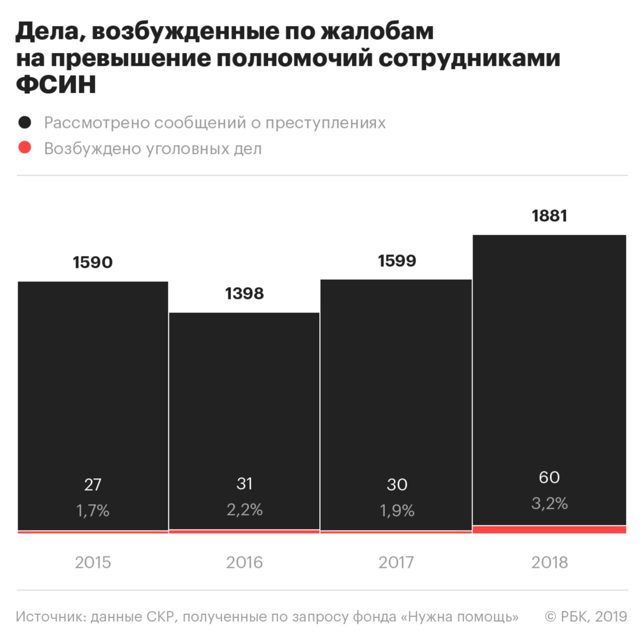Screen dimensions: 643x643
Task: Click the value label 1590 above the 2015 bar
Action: pos(93,262)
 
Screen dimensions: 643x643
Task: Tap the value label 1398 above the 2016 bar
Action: pos(244,294)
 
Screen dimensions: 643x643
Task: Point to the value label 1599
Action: pos(397,261)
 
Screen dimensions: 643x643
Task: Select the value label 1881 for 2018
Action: pos(549,216)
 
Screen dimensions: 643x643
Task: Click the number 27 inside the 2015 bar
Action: pos(93,484)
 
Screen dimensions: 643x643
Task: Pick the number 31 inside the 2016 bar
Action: pos(244,483)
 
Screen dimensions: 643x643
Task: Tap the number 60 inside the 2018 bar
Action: pos(549,477)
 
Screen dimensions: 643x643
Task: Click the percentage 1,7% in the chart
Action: pos(93,511)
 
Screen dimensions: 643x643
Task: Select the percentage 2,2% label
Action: pos(244,510)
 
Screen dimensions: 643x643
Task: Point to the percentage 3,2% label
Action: pos(549,503)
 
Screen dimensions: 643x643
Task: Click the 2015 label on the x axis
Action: pos(93,562)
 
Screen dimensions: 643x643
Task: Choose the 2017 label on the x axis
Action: pos(396,562)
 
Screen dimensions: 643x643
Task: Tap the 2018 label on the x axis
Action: pos(549,562)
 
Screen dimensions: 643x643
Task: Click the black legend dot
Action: pos(25,123)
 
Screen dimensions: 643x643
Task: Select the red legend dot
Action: pos(25,148)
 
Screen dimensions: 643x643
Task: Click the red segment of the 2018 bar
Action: pos(549,530)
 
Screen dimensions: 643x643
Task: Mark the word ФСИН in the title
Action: pos(56,84)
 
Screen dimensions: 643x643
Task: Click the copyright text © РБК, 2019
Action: pos(585,617)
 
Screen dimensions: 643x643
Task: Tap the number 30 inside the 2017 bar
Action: pos(397,484)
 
